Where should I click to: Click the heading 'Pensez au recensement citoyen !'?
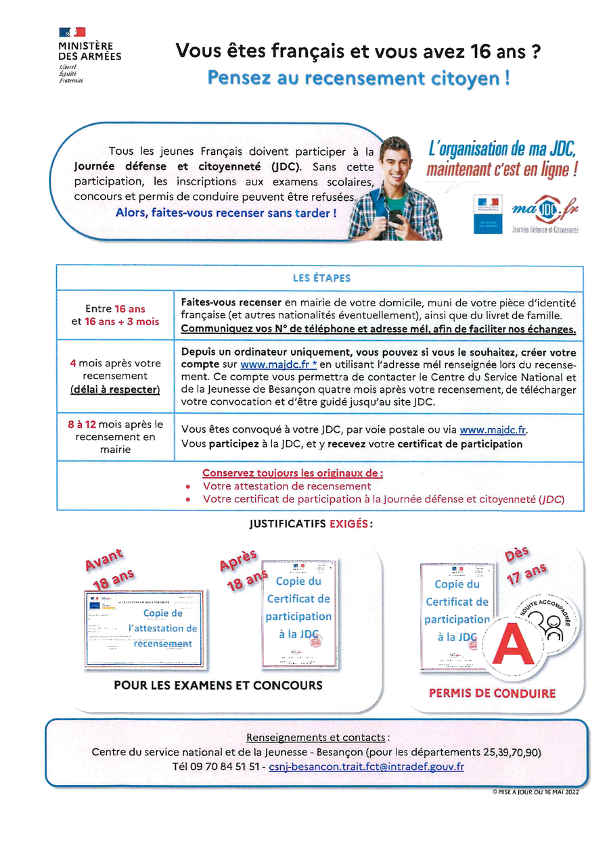click(x=359, y=78)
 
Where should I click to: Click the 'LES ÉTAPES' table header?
click(x=321, y=278)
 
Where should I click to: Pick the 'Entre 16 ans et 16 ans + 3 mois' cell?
click(x=115, y=315)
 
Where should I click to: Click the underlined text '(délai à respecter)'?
click(x=115, y=389)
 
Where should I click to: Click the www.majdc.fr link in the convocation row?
click(x=493, y=429)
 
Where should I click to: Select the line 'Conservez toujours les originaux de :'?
click(x=293, y=473)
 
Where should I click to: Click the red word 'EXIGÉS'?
click(x=350, y=523)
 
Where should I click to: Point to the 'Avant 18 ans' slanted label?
click(x=108, y=569)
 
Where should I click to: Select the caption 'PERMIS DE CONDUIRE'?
click(x=492, y=693)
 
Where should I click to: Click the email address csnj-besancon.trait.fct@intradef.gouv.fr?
click(x=366, y=767)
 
